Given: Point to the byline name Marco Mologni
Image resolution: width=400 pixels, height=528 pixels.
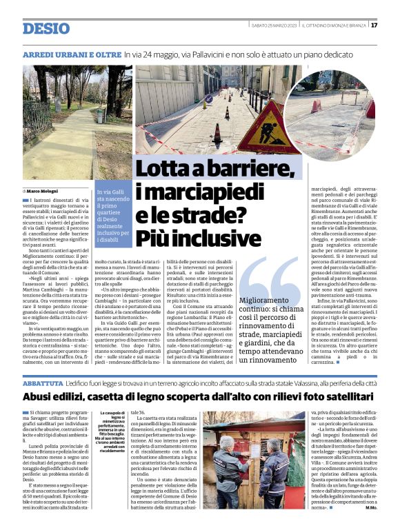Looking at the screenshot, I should (43, 190).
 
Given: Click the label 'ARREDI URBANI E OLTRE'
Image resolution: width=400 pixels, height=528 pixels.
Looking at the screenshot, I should (72, 53).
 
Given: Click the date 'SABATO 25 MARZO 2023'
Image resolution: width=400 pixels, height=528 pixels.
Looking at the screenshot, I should (273, 26).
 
